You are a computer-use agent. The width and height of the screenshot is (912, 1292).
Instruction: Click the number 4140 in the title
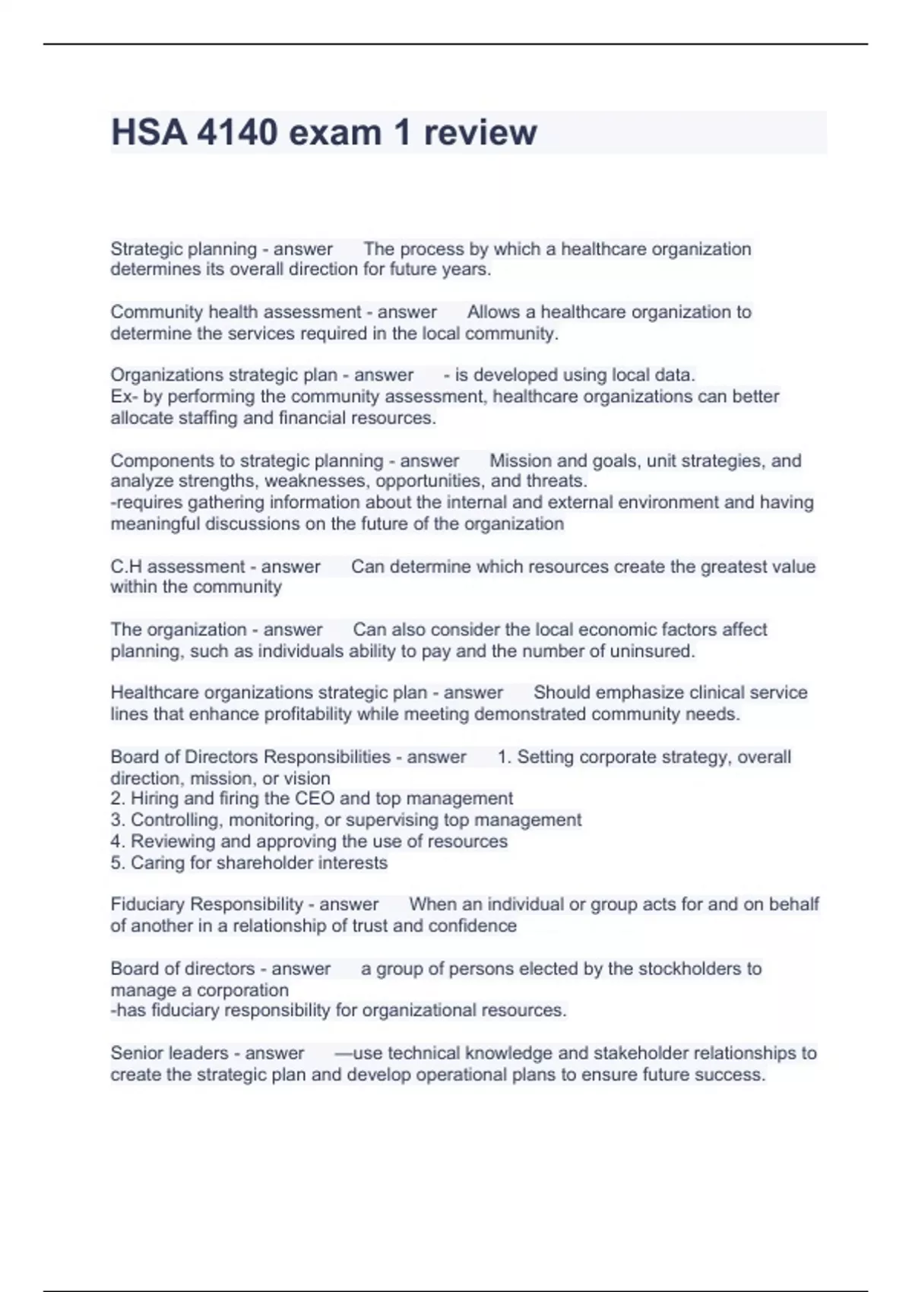pos(236,133)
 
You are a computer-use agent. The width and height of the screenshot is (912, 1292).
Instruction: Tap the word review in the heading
pos(480,133)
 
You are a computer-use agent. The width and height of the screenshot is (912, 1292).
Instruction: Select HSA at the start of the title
pos(149,133)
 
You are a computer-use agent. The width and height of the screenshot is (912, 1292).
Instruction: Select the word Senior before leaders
pos(136,1053)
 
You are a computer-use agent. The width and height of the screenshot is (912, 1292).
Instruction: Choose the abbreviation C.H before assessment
pos(126,567)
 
